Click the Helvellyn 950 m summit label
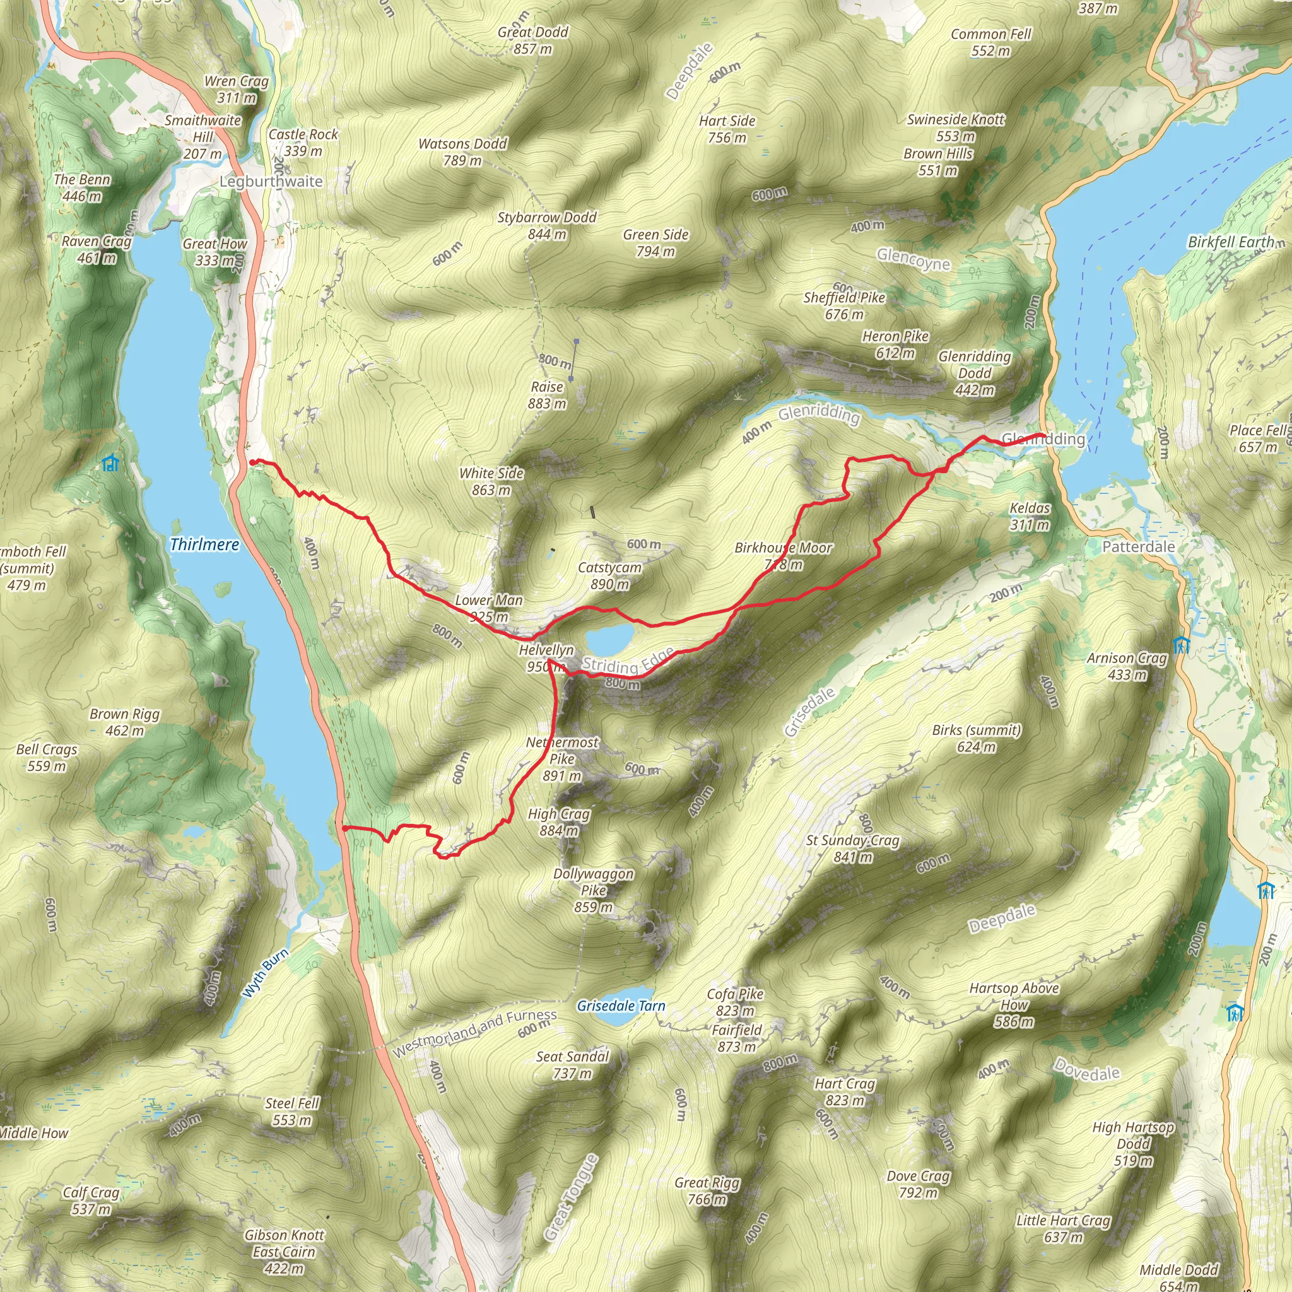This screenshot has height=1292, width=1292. coord(546,658)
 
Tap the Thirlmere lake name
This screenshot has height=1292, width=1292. coord(204,544)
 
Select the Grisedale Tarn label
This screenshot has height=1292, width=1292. coord(621,1006)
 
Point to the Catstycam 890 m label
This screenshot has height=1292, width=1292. coord(609,576)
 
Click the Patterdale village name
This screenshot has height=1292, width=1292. coord(1138,546)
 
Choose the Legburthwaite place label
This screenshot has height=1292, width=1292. coord(271,181)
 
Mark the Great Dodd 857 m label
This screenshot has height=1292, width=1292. coord(533,40)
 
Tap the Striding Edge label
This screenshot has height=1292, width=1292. coord(627,662)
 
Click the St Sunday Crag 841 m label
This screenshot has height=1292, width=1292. coord(853,848)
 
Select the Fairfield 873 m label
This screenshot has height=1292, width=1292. coord(736,1038)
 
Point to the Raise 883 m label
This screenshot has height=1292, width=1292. coord(547,394)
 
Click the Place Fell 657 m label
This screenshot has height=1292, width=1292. coord(1258,438)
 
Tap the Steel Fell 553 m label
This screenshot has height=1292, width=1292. coord(292,1112)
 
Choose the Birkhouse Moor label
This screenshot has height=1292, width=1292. coord(783,556)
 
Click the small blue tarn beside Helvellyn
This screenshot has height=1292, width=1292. coord(609,638)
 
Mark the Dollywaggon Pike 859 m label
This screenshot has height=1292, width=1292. coord(593,890)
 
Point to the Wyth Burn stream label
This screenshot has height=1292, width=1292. coord(266,973)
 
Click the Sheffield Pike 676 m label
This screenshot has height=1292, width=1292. coord(844,305)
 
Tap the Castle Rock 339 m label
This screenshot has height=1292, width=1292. coord(303,143)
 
